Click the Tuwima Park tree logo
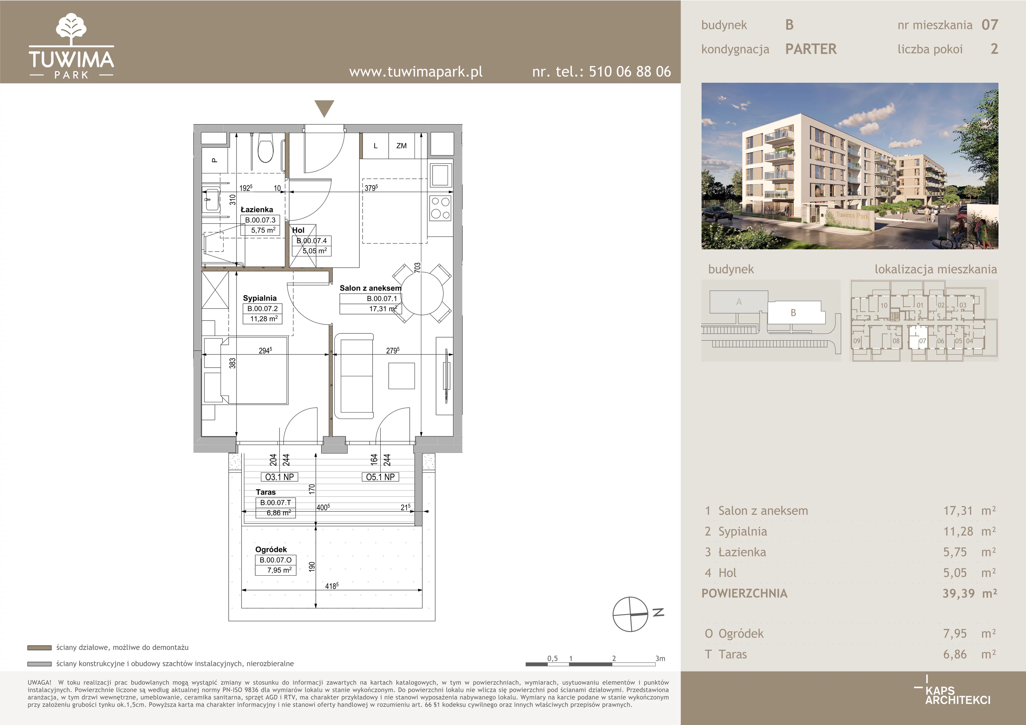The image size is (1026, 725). click(x=71, y=29)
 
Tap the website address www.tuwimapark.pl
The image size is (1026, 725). click(x=416, y=71)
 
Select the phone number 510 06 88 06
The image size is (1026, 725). click(x=630, y=71)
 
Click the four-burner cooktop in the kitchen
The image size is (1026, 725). click(x=440, y=208)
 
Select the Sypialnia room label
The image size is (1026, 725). click(x=260, y=298)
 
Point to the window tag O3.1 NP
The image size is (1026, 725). click(x=279, y=477)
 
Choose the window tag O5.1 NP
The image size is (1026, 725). click(x=380, y=477)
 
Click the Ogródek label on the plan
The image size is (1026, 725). click(x=271, y=549)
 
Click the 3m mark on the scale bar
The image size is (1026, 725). click(x=660, y=658)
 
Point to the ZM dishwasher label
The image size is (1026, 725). click(x=401, y=146)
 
